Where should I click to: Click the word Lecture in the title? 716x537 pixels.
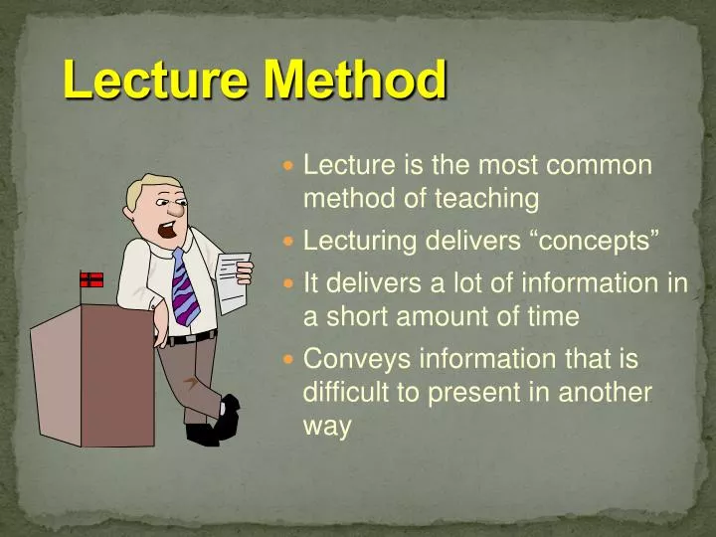(150, 80)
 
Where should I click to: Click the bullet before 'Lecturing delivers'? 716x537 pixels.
(289, 241)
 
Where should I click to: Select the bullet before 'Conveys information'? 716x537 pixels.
(289, 358)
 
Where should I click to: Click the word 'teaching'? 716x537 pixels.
(486, 199)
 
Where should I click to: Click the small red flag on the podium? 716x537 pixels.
(91, 279)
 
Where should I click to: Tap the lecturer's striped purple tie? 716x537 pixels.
(184, 288)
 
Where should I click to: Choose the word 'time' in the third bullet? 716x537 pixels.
(551, 316)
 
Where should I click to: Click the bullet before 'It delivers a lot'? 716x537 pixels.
(289, 282)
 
